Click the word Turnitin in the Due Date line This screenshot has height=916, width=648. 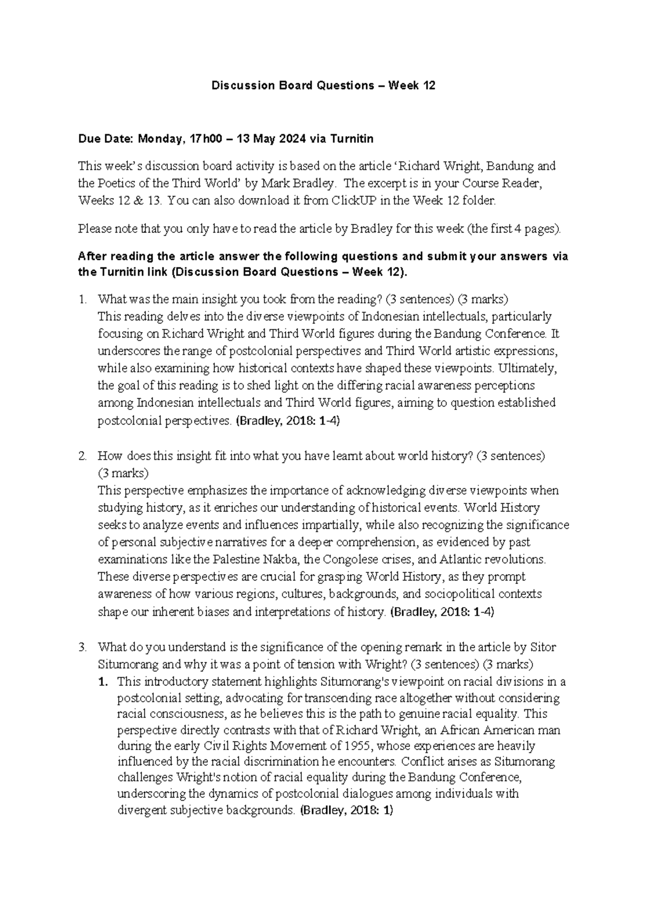point(352,139)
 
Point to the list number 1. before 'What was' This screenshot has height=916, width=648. point(82,299)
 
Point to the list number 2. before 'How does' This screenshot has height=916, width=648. point(82,456)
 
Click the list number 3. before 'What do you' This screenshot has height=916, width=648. point(82,647)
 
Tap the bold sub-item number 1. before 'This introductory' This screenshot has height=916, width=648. point(103,682)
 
